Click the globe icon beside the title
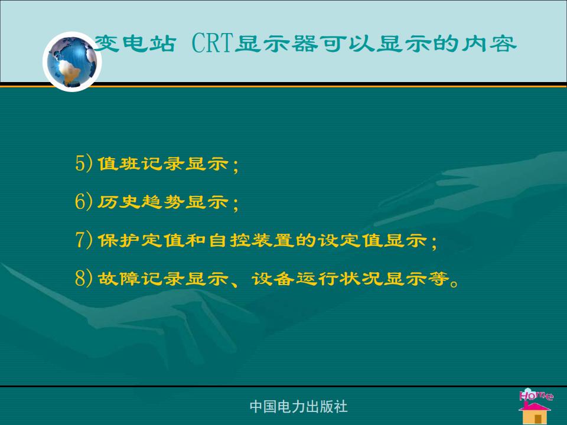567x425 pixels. point(72,61)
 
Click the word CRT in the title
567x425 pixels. point(211,43)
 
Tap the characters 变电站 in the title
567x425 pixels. point(135,43)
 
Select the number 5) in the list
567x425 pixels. point(84,163)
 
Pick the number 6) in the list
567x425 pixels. point(84,201)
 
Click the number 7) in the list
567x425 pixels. point(84,240)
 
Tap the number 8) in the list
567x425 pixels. point(84,278)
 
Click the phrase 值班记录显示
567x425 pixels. point(163,164)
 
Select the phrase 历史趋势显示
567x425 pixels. point(163,202)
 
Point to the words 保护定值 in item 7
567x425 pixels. point(141,240)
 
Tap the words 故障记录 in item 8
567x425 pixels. point(141,278)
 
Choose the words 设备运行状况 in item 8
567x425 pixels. point(317,278)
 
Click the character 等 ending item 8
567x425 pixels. point(438,278)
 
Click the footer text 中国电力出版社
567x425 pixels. point(299,407)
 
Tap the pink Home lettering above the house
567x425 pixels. point(536,394)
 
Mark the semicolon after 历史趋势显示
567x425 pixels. point(236,204)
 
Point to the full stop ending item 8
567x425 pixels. point(454,283)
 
